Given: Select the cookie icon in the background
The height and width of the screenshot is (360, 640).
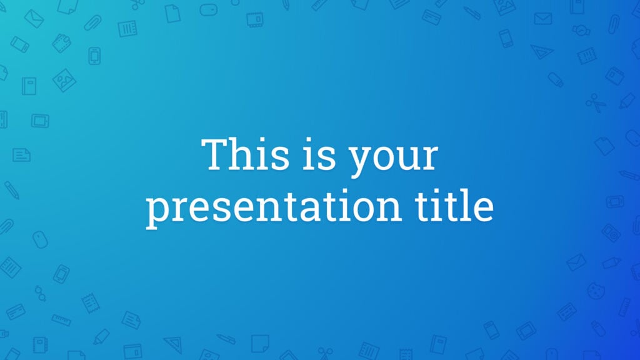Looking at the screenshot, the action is tap(596, 291).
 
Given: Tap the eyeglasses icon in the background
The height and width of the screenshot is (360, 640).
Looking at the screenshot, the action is tap(39, 293).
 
